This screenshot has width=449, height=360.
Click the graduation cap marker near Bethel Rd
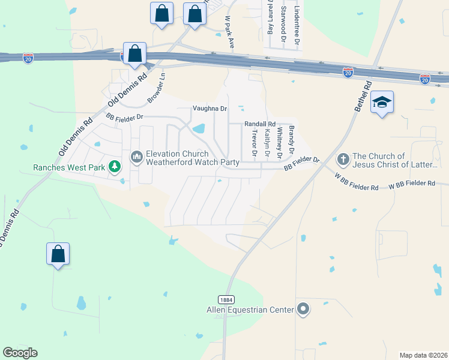(382, 103)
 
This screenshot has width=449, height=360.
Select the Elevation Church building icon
(137, 158)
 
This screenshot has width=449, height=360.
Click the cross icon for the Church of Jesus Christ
(343, 160)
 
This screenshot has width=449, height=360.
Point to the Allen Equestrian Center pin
(304, 310)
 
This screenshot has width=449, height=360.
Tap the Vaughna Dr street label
(209, 109)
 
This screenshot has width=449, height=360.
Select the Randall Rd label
(259, 124)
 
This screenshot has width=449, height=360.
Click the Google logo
(20, 353)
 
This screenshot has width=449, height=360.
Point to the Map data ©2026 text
(424, 355)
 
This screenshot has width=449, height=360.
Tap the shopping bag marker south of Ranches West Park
(58, 254)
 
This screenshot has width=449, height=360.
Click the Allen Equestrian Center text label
(249, 310)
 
